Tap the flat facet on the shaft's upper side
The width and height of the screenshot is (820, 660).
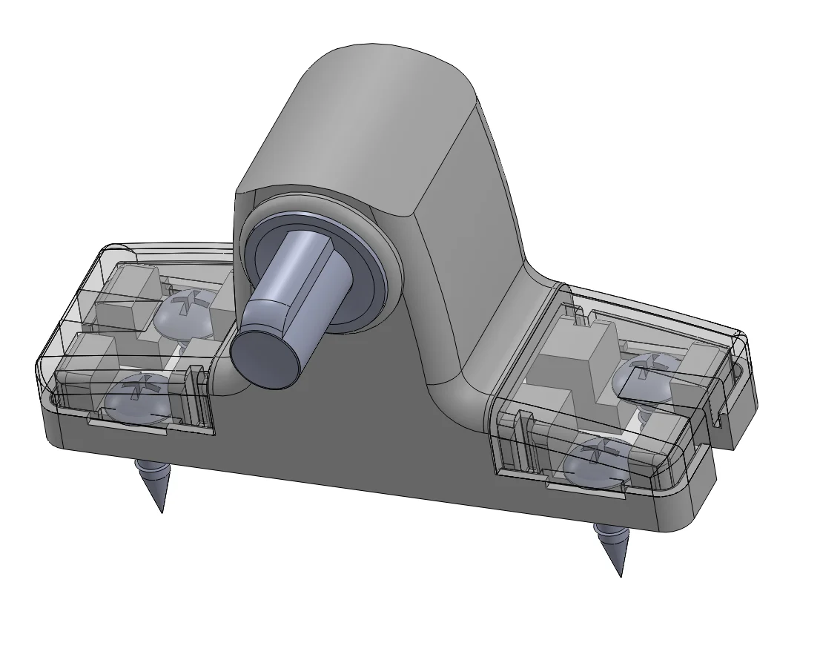click(x=311, y=256)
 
